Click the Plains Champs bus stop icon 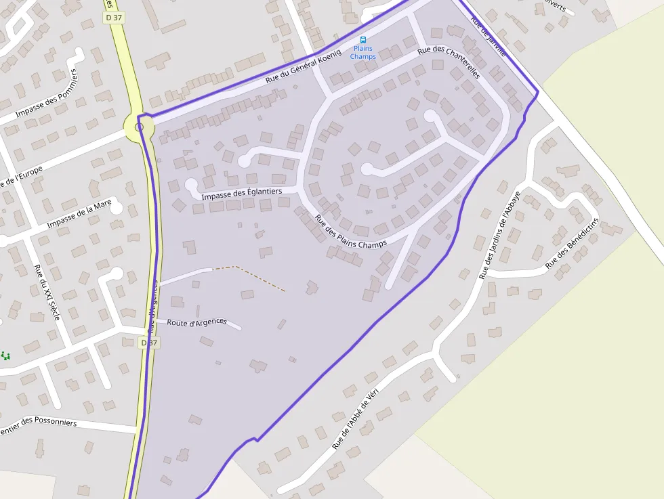363,40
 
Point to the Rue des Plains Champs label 350,232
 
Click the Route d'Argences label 196,322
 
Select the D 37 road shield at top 113,18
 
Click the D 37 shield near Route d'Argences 150,343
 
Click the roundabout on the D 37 139,127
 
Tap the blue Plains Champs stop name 363,53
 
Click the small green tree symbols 5,355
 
